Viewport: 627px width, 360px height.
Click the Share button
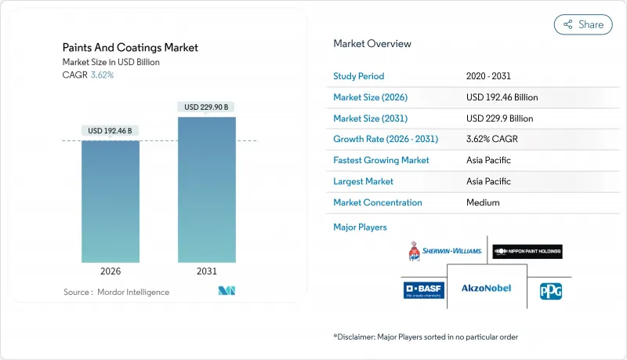(x=583, y=24)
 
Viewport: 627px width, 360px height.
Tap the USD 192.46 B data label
(x=111, y=130)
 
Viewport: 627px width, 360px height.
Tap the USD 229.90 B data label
(x=207, y=107)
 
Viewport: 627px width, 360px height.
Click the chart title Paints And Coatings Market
(x=130, y=48)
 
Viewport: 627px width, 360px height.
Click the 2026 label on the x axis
(x=111, y=271)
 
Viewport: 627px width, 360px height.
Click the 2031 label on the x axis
(x=207, y=271)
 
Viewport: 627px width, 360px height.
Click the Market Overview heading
(x=372, y=44)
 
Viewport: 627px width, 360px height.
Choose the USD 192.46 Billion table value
(x=502, y=97)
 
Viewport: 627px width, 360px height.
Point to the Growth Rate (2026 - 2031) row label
(x=386, y=140)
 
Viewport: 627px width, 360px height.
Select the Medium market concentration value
(x=483, y=202)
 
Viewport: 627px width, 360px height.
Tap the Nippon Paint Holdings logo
(x=527, y=251)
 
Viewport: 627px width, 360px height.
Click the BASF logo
(x=424, y=290)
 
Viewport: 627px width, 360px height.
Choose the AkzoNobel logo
(x=486, y=289)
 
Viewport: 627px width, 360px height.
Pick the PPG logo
(x=550, y=290)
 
